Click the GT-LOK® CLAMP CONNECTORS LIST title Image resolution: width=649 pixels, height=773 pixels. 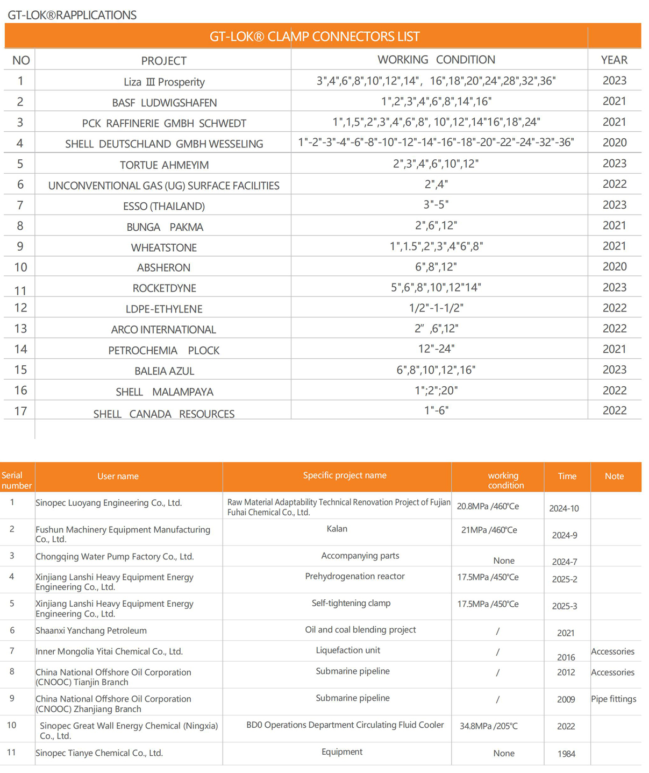314,37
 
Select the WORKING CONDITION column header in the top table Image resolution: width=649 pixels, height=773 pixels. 436,60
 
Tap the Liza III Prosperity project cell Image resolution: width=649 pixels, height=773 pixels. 164,82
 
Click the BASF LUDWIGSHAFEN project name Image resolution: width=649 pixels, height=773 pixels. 164,103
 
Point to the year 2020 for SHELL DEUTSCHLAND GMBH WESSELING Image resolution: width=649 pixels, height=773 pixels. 614,143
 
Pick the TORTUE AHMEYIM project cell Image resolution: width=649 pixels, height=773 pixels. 164,165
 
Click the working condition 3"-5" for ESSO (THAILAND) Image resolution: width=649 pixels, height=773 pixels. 436,205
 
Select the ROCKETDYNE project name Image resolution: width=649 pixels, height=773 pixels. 164,288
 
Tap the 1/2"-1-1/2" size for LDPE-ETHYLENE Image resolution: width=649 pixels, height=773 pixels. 436,308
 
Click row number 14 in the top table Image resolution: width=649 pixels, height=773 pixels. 20,350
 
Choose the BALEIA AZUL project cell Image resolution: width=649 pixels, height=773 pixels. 164,371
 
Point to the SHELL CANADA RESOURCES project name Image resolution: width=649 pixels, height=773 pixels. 164,414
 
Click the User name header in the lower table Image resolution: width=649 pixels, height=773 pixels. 118,476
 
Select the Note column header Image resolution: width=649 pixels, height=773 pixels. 614,476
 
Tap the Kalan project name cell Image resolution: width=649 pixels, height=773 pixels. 337,529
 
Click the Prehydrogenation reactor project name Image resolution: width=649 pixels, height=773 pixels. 355,576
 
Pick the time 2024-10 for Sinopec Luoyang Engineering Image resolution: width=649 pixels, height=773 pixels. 564,508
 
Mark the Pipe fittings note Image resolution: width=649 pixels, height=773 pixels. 614,699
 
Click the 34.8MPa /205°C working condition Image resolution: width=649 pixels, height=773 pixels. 488,726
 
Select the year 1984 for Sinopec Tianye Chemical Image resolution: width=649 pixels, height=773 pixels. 566,754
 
